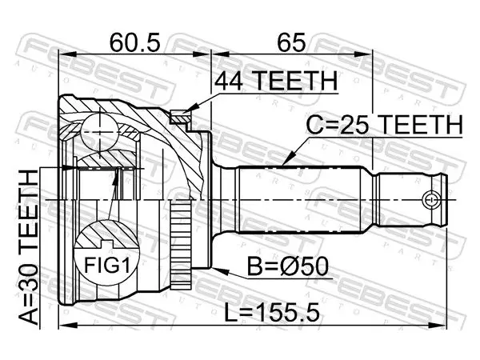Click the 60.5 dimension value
[x=135, y=42]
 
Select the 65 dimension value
[x=291, y=42]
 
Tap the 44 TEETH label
[x=276, y=81]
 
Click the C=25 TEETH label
[x=385, y=125]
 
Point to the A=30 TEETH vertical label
[x=29, y=247]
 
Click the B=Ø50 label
[x=288, y=266]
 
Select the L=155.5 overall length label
[x=272, y=312]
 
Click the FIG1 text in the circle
[x=107, y=265]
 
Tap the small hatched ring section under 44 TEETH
[x=180, y=118]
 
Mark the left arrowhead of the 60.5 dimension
[x=66, y=54]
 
